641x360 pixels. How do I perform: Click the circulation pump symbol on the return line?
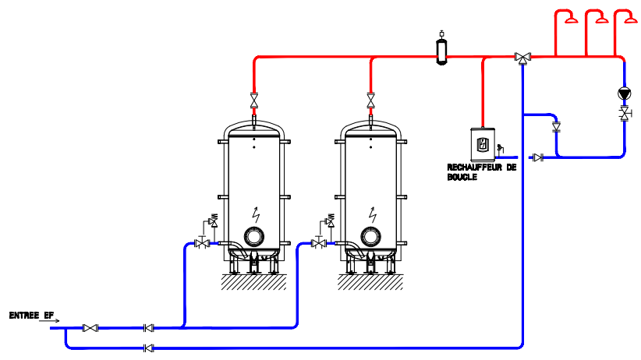point(624,94)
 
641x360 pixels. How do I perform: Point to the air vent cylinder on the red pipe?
point(441,48)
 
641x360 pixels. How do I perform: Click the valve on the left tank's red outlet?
point(254,101)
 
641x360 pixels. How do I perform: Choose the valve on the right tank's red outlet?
point(371,101)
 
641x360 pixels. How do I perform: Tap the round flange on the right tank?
point(371,237)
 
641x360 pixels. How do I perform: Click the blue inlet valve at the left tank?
point(203,244)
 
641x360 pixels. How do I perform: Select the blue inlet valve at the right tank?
point(318,244)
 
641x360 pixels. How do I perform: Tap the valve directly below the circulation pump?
point(624,115)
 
